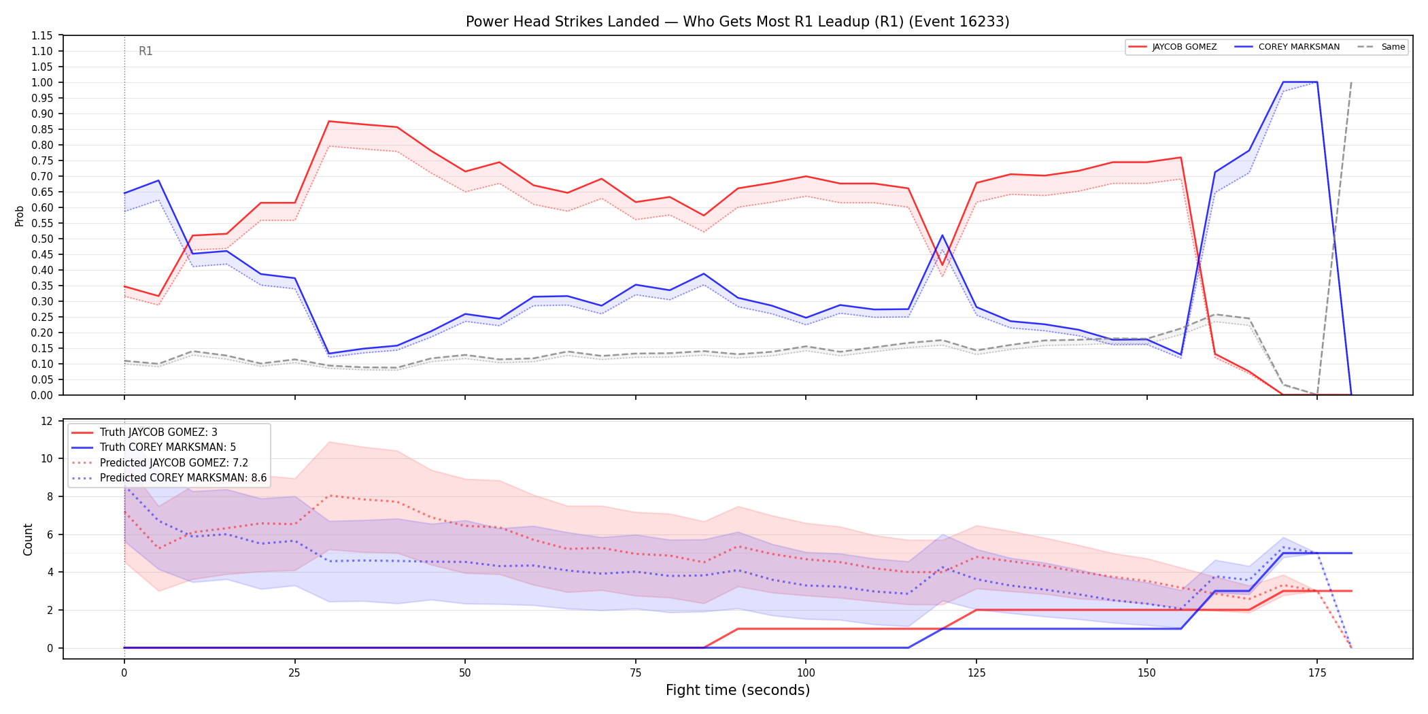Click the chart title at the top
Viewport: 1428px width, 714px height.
click(737, 22)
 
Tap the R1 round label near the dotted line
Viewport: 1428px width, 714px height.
click(146, 51)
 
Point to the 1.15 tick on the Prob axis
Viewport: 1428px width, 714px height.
click(42, 35)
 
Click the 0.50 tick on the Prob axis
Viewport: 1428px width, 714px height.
click(42, 239)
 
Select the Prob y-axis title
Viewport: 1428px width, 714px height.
click(20, 216)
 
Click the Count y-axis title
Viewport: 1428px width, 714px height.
click(28, 539)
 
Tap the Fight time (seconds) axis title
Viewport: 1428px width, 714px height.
click(738, 690)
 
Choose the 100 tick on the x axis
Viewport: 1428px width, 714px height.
click(806, 673)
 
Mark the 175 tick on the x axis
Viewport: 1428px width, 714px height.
click(1317, 673)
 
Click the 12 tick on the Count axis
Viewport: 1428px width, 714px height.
click(47, 421)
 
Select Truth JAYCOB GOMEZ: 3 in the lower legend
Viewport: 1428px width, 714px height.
click(158, 432)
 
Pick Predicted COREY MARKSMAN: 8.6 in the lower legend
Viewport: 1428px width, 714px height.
click(183, 478)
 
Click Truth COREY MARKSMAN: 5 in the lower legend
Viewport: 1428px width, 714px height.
click(168, 447)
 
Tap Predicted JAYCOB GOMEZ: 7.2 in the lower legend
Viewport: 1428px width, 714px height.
click(174, 463)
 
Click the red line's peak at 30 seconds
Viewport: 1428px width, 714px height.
click(329, 121)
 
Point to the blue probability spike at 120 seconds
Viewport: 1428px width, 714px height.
click(942, 235)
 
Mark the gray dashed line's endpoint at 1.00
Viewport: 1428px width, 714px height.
click(1351, 82)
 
